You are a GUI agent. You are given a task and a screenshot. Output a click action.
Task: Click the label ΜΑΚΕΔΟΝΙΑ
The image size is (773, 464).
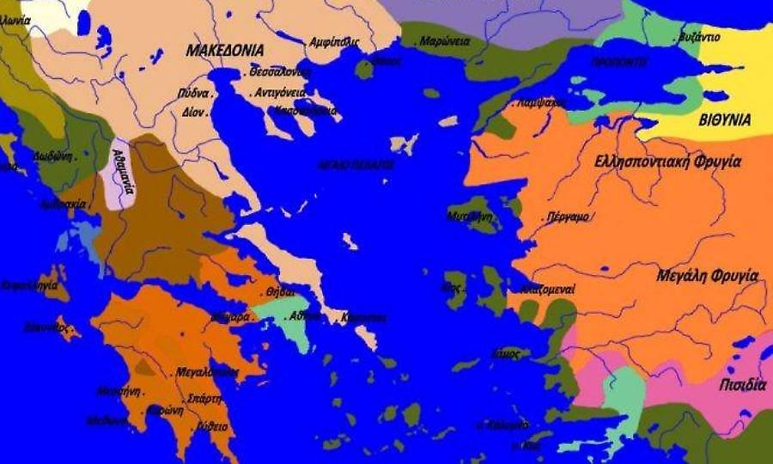click(x=225, y=50)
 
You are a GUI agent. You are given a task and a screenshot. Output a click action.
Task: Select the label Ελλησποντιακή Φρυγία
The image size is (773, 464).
click(x=667, y=162)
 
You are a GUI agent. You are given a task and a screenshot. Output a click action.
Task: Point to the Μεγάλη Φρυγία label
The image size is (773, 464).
click(x=707, y=276)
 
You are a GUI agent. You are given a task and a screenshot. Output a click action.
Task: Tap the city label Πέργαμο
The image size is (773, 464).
click(x=568, y=217)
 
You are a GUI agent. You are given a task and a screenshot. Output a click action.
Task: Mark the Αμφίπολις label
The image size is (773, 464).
click(x=334, y=41)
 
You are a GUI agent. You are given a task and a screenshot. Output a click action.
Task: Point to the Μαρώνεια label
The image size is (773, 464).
click(x=444, y=40)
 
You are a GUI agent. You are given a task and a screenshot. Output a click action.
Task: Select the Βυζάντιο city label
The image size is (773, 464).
click(x=698, y=38)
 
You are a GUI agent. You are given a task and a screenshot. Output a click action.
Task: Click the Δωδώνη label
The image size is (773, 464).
click(x=53, y=157)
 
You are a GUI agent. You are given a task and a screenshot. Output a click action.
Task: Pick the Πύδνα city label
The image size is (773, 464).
click(x=193, y=93)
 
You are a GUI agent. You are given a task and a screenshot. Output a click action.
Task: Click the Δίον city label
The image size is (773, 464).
click(x=192, y=111)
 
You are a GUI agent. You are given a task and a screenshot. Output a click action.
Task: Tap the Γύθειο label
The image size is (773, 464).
click(x=211, y=426)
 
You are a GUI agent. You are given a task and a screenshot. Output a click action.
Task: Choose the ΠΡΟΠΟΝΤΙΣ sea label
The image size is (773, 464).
click(x=619, y=63)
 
